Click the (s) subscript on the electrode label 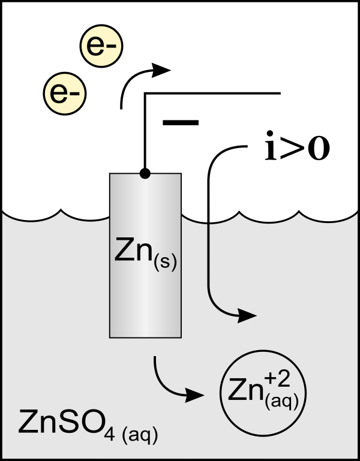[165, 262]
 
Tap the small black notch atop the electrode [145, 175]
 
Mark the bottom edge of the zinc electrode [145, 336]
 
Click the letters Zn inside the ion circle [244, 391]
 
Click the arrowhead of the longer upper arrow [248, 315]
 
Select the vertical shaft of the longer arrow [208, 258]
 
